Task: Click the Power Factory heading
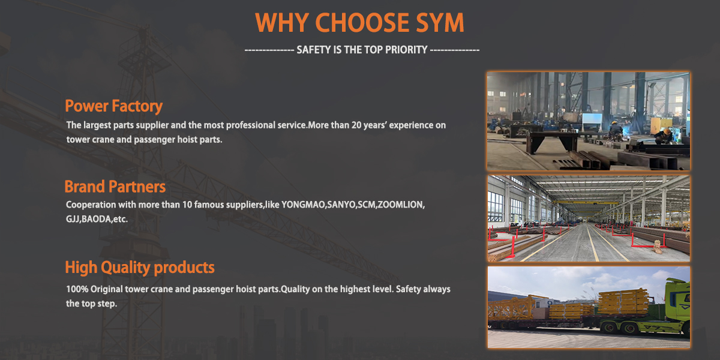(x=113, y=106)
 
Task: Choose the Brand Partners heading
(x=115, y=186)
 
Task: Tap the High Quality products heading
(x=139, y=267)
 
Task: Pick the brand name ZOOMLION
(x=401, y=205)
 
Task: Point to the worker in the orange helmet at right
(x=664, y=135)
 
